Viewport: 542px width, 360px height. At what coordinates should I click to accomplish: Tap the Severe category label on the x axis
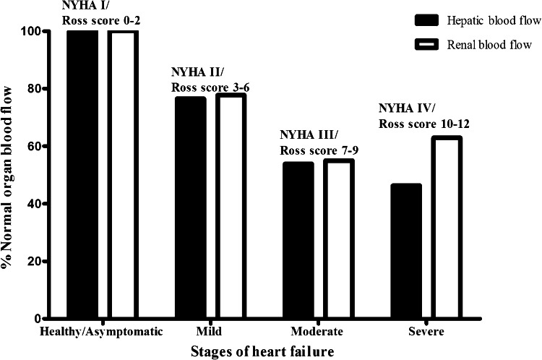(426, 332)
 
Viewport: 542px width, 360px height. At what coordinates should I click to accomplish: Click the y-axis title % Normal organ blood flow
(9, 174)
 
